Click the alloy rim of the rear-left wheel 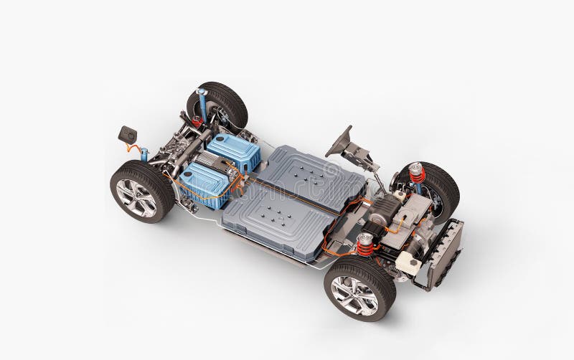pos(136,198)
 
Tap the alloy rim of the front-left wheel pos(354,295)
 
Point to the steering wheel pos(339,142)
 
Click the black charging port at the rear pos(127,134)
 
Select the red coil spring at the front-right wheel pos(417,174)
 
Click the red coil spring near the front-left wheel pos(366,245)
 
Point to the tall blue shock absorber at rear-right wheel pos(203,105)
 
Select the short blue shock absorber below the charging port pos(144,154)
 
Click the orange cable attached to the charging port pos(133,148)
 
